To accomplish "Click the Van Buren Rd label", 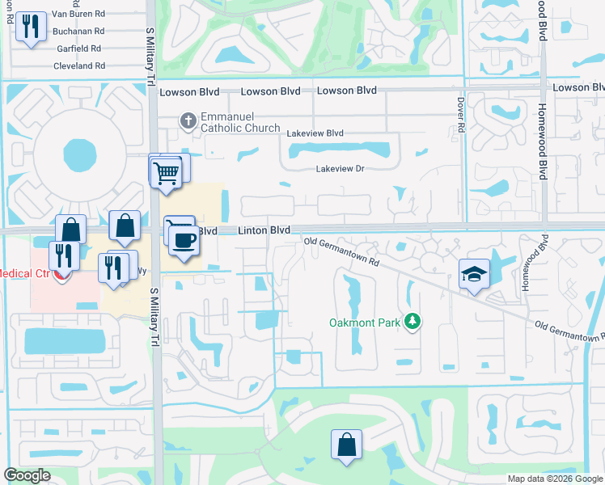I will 78,14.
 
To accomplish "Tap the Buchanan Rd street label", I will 78,31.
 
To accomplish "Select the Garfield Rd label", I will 79,48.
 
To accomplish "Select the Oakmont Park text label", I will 365,323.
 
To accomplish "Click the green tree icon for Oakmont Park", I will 413,322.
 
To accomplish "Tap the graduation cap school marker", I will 475,274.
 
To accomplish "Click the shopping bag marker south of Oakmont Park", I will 346,445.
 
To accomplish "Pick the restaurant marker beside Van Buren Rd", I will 31,27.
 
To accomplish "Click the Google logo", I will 27,475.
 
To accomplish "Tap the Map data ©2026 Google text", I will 554,479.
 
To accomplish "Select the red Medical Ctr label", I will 24,273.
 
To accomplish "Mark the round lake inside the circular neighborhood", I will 78,151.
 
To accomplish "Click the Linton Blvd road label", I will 264,230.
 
